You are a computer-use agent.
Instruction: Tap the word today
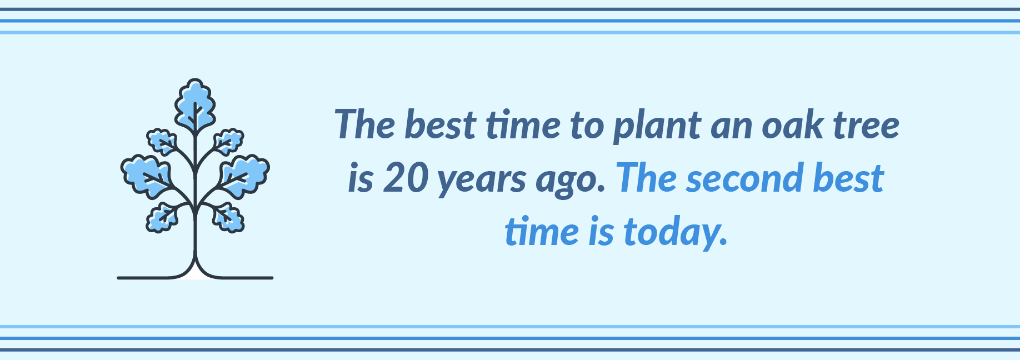click(x=675, y=232)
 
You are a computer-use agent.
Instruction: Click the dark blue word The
click(x=365, y=124)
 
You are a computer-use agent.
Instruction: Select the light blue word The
click(x=647, y=178)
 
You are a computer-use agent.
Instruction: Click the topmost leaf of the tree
click(x=195, y=105)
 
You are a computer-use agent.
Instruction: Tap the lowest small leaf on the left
click(x=162, y=217)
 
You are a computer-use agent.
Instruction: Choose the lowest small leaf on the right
click(x=228, y=217)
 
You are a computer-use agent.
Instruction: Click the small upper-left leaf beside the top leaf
click(x=162, y=142)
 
